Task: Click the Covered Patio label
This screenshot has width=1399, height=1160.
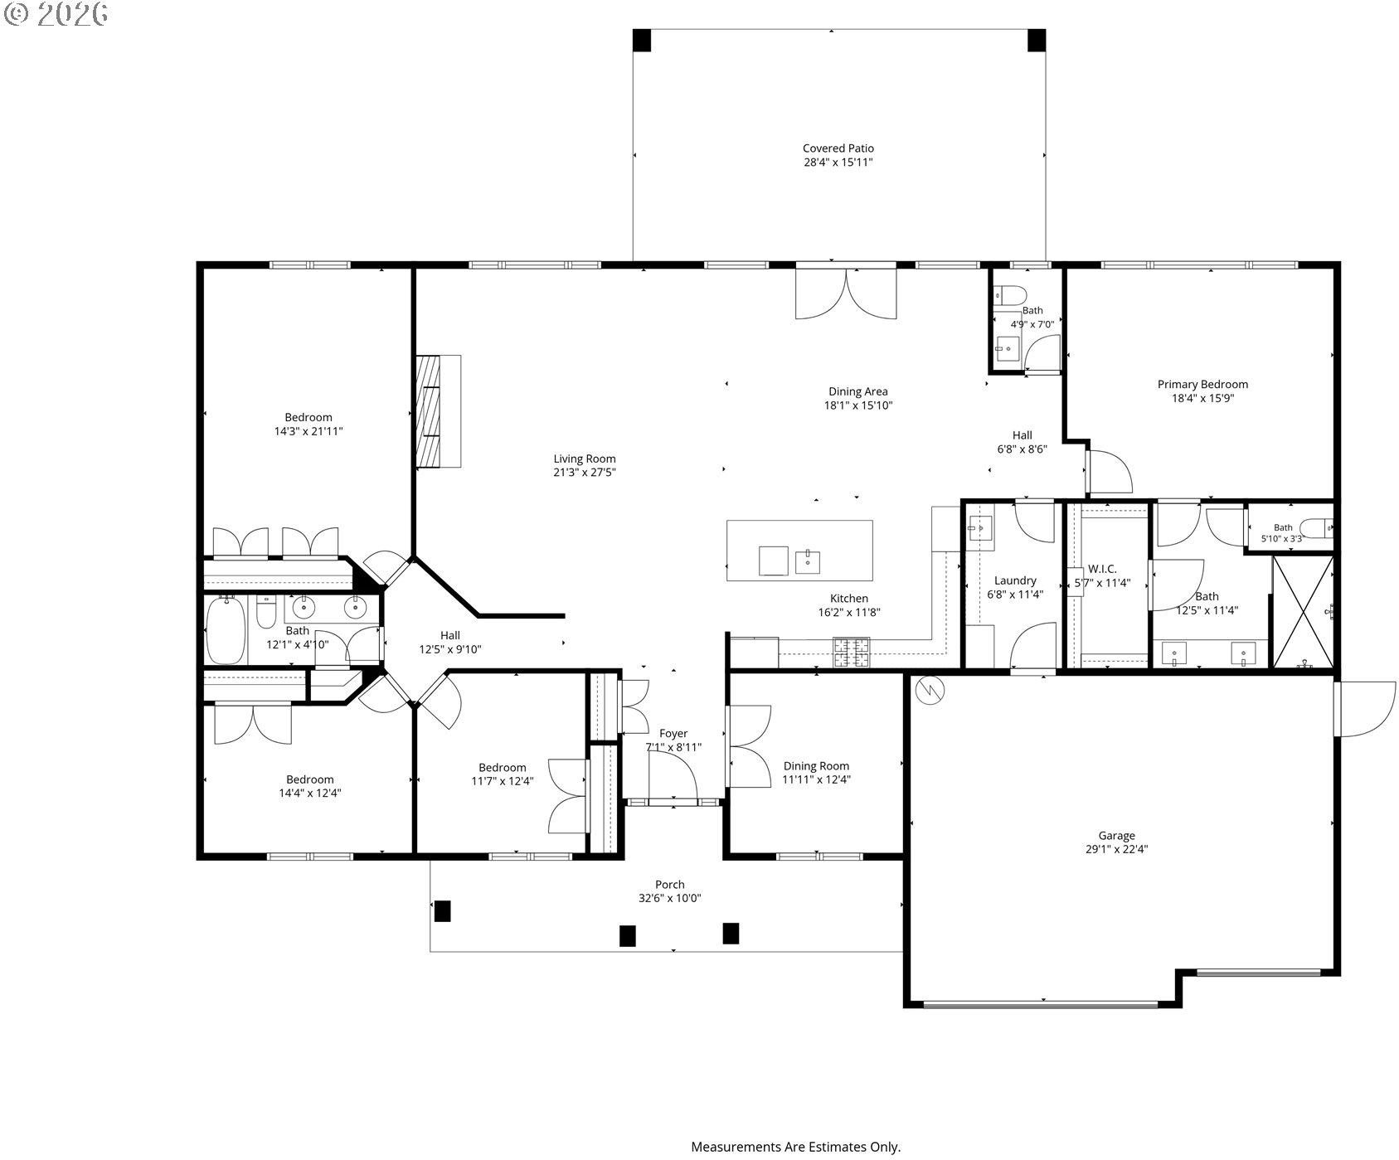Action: tap(838, 148)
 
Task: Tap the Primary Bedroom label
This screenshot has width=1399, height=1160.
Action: tap(1202, 384)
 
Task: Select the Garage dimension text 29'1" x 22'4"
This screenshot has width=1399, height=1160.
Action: tap(1116, 849)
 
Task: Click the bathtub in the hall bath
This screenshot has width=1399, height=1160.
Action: tap(226, 631)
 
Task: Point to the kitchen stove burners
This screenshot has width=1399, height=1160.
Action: tap(851, 652)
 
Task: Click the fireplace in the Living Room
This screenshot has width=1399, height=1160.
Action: tap(438, 411)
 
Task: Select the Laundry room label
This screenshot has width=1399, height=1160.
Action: tap(1015, 580)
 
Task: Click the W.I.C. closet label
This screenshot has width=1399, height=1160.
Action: tap(1102, 569)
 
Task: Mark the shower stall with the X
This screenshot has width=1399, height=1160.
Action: tap(1303, 612)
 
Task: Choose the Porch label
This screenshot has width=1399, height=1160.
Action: tap(670, 885)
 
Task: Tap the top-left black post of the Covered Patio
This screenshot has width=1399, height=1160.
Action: tap(642, 41)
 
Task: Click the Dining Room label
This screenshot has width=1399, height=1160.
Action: tap(816, 766)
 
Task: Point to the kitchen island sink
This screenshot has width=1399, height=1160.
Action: tap(807, 561)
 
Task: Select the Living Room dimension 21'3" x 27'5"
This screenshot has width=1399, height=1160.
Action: tap(585, 473)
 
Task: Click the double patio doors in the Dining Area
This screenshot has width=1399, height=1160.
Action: tap(846, 292)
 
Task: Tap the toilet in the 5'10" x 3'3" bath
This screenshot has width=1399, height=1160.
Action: tap(1315, 527)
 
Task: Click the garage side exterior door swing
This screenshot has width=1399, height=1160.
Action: tap(1365, 709)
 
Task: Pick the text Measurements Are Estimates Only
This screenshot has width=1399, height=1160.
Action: tap(796, 1148)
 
